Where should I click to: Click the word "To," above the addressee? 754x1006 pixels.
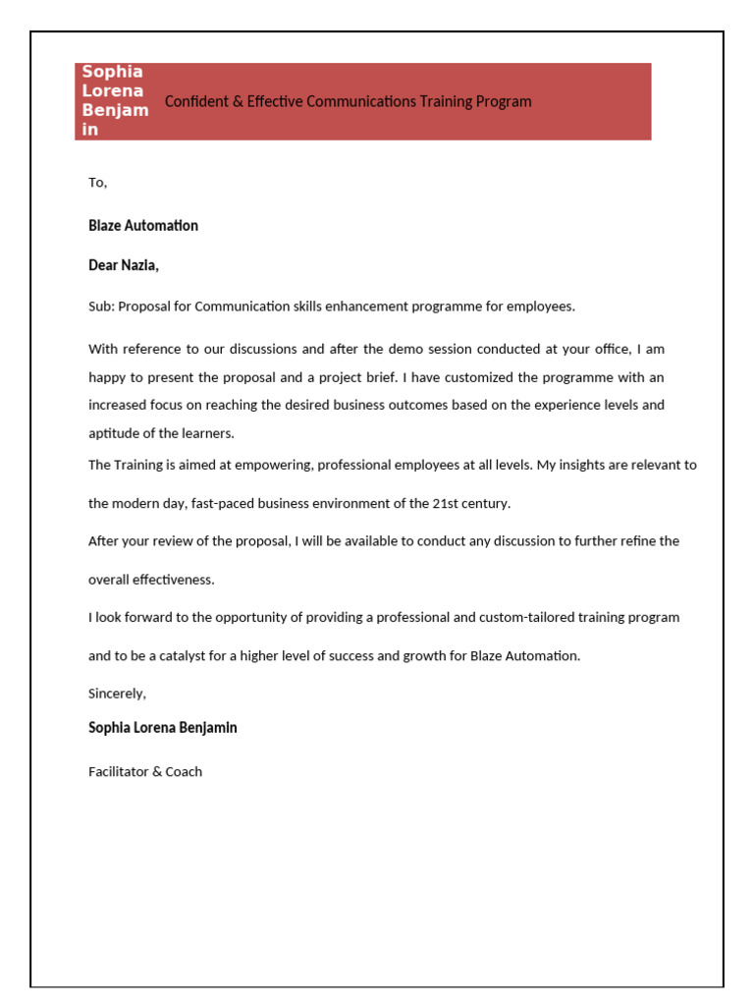(x=97, y=183)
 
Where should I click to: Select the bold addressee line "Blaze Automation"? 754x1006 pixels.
(x=143, y=226)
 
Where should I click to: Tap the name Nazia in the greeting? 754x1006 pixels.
(x=139, y=265)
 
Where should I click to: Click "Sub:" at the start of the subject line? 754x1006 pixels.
(x=101, y=307)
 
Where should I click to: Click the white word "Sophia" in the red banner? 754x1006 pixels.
(x=112, y=72)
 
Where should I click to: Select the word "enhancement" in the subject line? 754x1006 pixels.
(x=334, y=307)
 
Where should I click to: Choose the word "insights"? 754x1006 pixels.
(x=576, y=466)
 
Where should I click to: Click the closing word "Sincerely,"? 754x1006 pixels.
(x=117, y=694)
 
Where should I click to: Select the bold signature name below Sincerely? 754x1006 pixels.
(x=163, y=729)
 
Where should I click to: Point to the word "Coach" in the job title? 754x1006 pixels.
(x=184, y=772)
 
